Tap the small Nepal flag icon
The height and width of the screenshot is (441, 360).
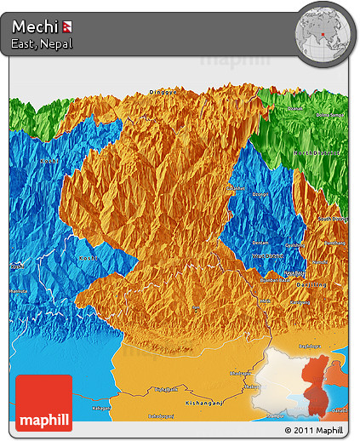[67, 26]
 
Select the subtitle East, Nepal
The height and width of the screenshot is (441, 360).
[42, 43]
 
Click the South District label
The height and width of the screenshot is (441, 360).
[333, 220]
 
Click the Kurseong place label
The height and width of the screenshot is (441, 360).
[300, 301]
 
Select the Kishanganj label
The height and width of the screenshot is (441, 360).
[203, 400]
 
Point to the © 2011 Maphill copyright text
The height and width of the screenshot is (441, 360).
[316, 431]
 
